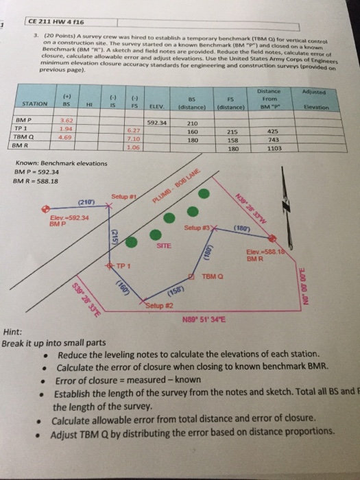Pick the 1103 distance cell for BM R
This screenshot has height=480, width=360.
[x=274, y=148]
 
